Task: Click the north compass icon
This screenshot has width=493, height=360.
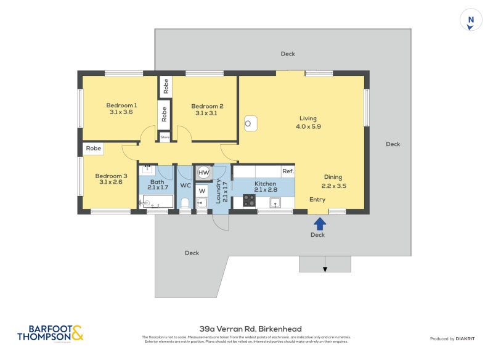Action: click(x=471, y=21)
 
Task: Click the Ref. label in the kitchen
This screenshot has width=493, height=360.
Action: click(x=288, y=171)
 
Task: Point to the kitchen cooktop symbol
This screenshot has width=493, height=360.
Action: click(x=249, y=200)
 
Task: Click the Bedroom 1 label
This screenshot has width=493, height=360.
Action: click(x=121, y=105)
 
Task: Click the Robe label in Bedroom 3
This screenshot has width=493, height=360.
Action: click(x=94, y=149)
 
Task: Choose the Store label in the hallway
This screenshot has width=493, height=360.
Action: click(x=165, y=137)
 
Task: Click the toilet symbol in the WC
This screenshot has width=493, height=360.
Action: click(x=185, y=203)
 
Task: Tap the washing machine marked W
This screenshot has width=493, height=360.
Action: click(x=202, y=191)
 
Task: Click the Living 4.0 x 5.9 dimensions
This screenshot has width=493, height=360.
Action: click(x=308, y=126)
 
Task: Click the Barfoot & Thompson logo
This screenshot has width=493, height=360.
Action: click(x=50, y=333)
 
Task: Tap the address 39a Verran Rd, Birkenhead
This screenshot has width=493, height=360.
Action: click(x=246, y=329)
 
